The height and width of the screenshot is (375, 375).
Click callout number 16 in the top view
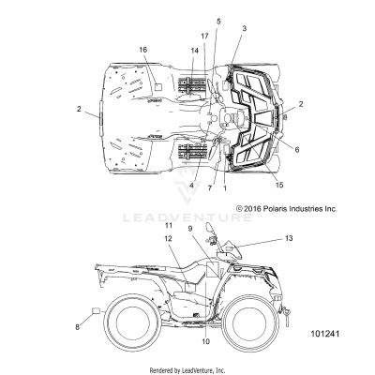point(143,50)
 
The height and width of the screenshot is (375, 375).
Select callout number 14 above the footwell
point(194,51)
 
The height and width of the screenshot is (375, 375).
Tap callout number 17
point(204,37)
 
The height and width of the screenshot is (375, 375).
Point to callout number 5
point(218,22)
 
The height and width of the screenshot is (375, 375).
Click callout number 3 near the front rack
point(244,28)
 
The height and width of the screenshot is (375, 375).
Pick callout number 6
point(297,150)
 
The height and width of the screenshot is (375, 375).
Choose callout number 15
point(279,185)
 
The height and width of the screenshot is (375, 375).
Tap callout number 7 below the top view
point(210,188)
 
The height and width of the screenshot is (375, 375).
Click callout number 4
point(191,186)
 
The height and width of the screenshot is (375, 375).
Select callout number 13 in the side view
point(289,238)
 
